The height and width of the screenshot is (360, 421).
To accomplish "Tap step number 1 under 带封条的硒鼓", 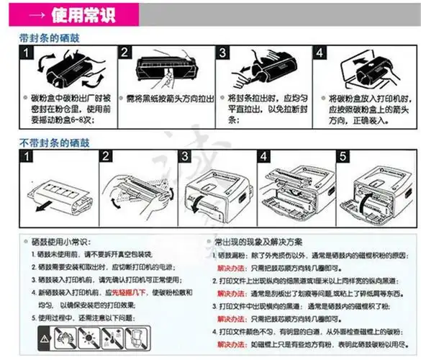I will click(x=26, y=54).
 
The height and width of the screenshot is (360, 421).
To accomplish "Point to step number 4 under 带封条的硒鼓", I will click(x=320, y=54).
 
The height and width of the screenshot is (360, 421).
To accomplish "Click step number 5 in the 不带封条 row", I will click(x=343, y=156).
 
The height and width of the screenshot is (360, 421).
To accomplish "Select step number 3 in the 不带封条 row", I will click(x=184, y=156).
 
